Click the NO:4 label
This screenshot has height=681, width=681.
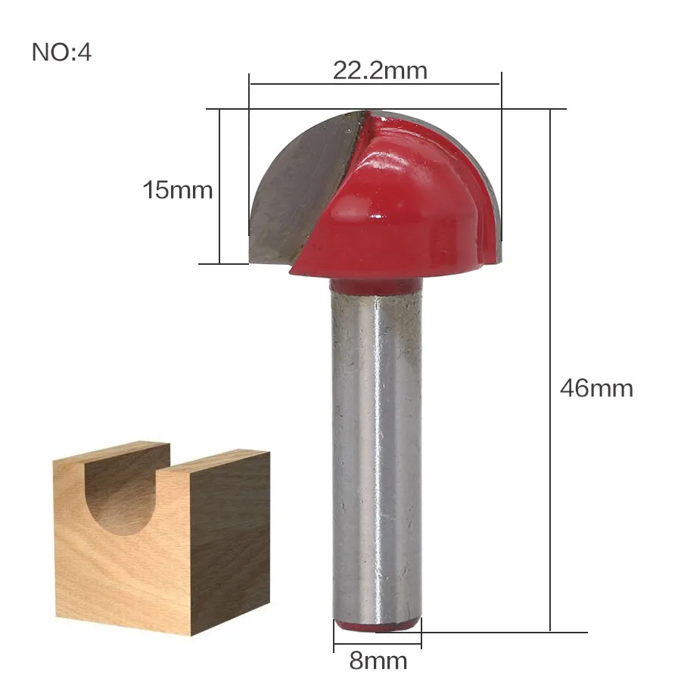pyautogui.click(x=61, y=53)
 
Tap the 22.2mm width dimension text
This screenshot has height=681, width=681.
pyautogui.click(x=380, y=70)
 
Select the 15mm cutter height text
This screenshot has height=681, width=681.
pyautogui.click(x=178, y=189)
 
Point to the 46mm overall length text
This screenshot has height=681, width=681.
pyautogui.click(x=596, y=388)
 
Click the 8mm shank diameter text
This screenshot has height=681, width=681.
pyautogui.click(x=378, y=661)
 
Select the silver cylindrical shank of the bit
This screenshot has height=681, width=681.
pyautogui.click(x=376, y=454)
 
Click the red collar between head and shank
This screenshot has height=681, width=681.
pyautogui.click(x=376, y=286)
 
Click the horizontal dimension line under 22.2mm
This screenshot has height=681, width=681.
pyautogui.click(x=375, y=84)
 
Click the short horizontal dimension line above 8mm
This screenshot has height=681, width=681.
pyautogui.click(x=377, y=645)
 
